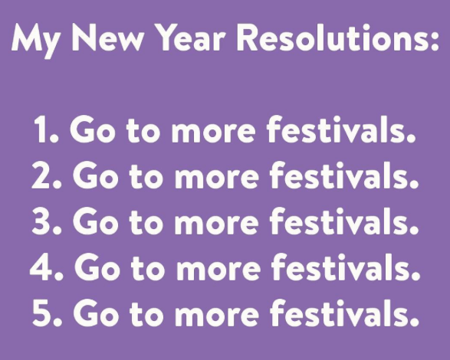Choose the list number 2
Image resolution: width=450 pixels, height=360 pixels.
click(44, 177)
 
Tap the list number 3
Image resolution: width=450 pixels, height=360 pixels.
click(44, 222)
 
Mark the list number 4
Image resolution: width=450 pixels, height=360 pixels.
click(44, 267)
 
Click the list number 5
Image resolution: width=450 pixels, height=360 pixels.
click(44, 313)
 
